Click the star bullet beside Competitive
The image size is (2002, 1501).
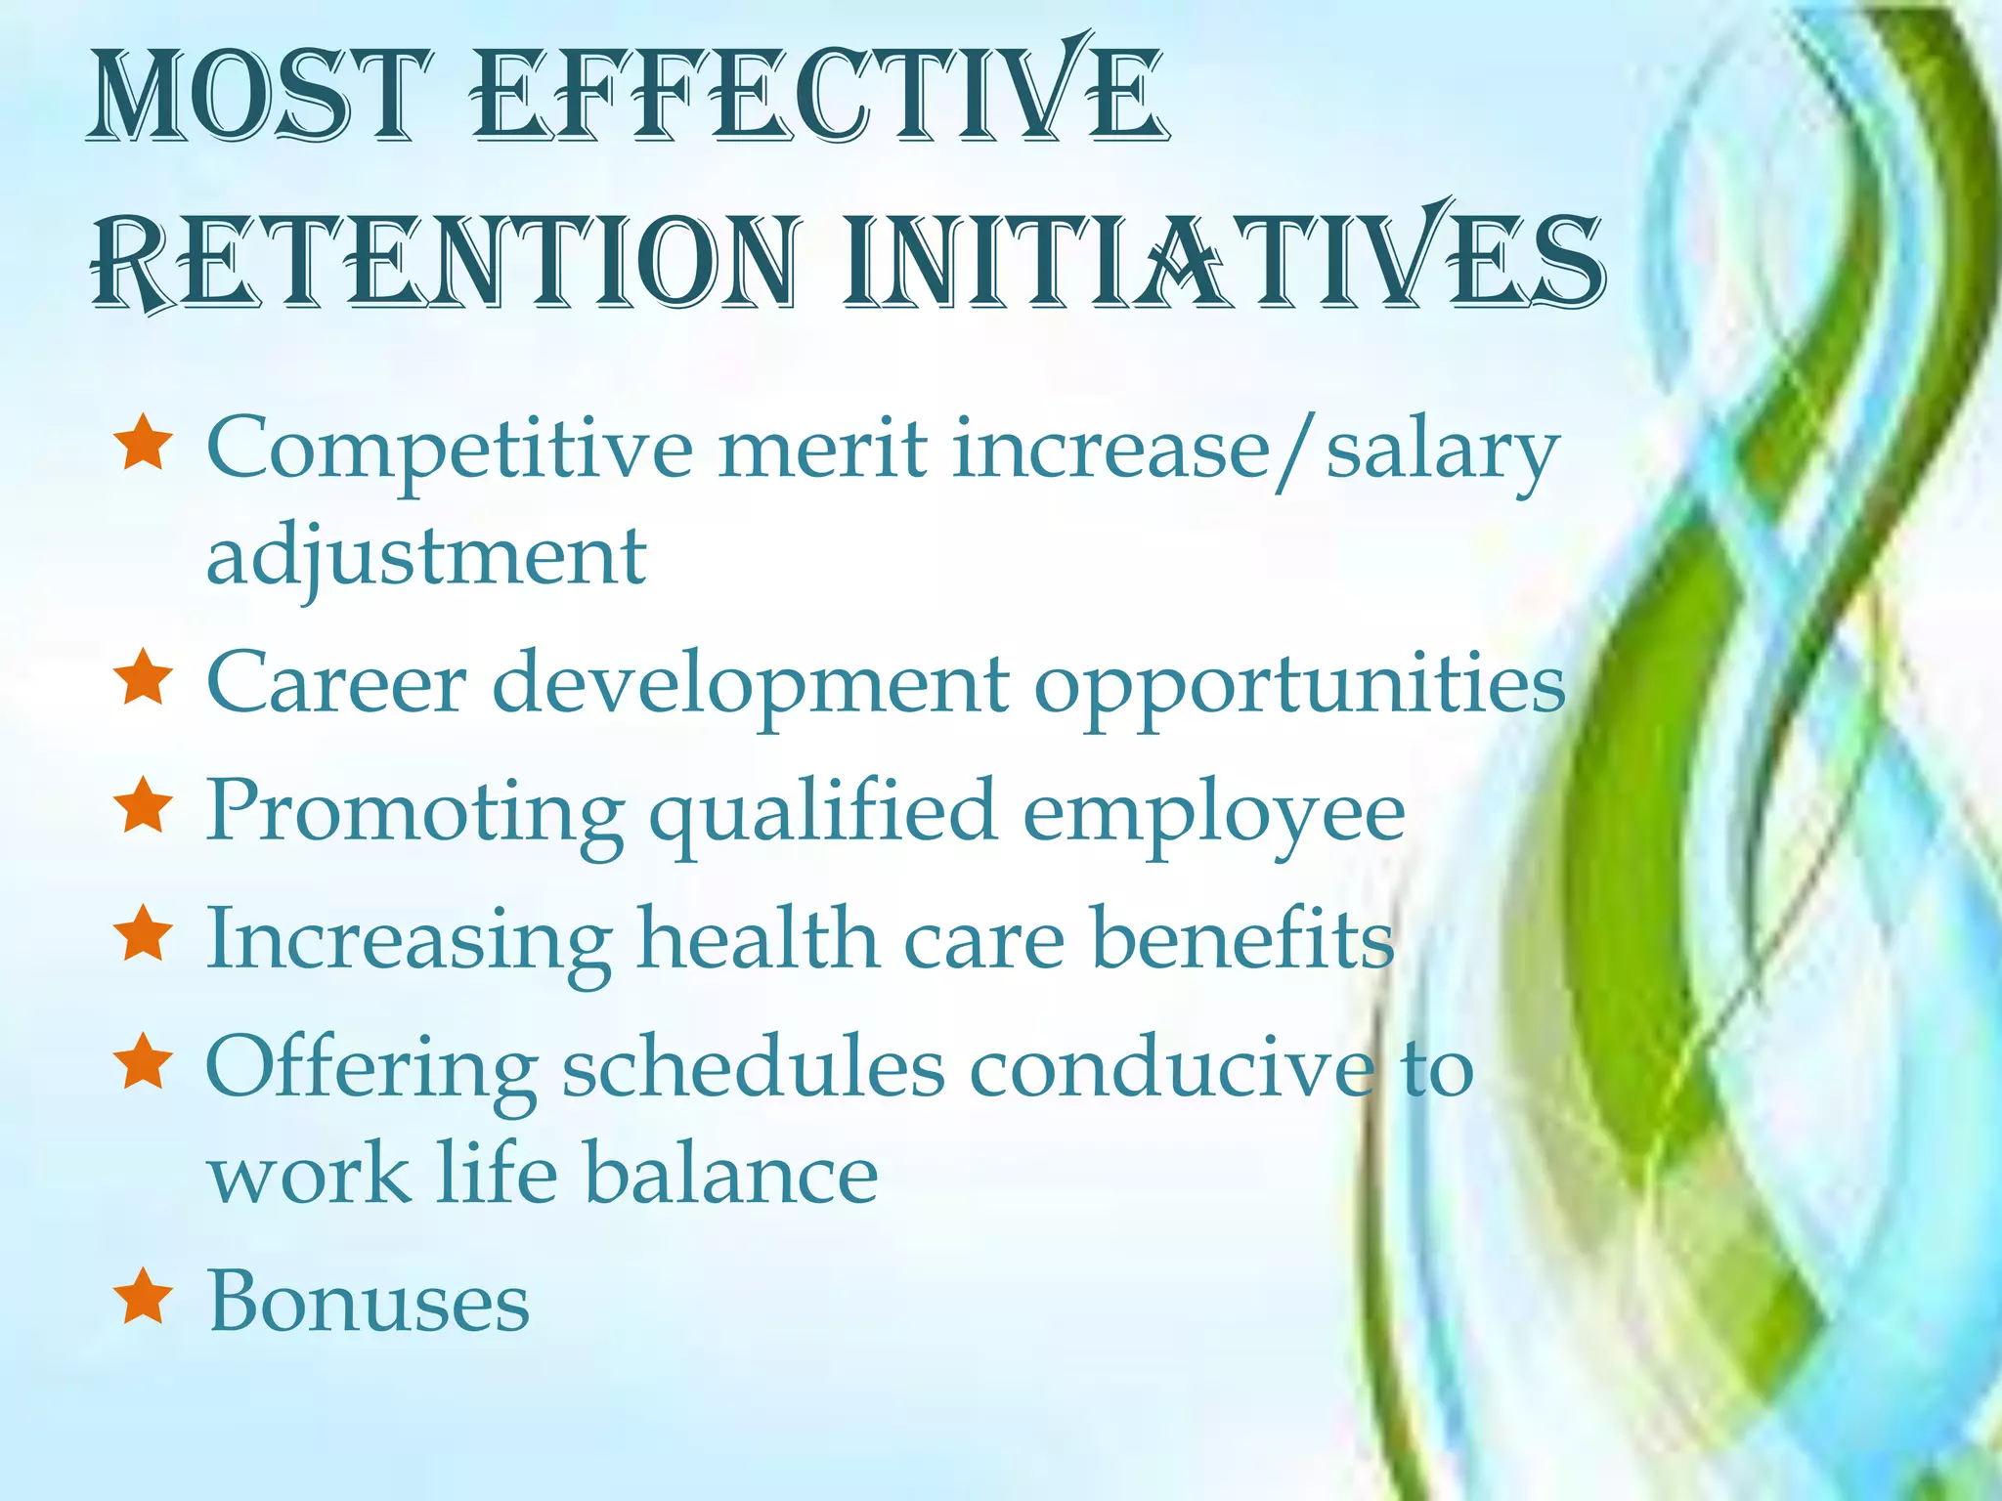(144, 444)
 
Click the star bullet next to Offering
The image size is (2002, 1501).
(144, 1063)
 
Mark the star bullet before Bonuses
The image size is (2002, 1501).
(144, 1297)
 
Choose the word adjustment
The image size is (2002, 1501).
(426, 557)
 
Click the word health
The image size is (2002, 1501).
(758, 938)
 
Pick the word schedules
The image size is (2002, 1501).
(753, 1067)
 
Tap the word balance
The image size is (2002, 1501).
(730, 1174)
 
